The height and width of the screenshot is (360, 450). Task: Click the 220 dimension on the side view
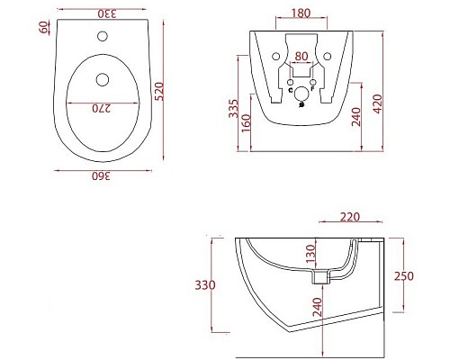pyautogui.click(x=352, y=217)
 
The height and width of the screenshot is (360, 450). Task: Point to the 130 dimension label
pyautogui.click(x=310, y=252)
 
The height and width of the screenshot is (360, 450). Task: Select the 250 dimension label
pyautogui.click(x=403, y=276)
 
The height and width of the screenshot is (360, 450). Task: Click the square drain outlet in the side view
pyautogui.click(x=318, y=280)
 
